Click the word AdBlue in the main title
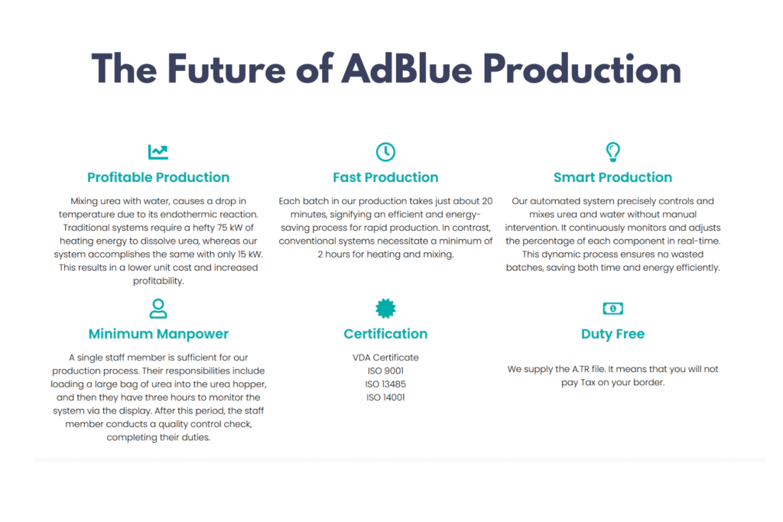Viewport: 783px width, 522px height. (407, 69)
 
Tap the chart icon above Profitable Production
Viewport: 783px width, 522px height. (158, 152)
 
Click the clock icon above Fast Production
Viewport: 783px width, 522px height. (385, 152)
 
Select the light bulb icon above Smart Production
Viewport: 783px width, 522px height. (612, 152)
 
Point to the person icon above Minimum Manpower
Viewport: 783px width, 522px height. (158, 309)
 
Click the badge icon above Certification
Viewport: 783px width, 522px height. (385, 309)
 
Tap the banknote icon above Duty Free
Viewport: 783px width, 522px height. (612, 309)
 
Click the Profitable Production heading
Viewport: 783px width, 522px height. (158, 177)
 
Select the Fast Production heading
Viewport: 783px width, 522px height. (385, 177)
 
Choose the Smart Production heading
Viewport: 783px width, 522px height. (612, 177)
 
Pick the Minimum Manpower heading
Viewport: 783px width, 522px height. (158, 334)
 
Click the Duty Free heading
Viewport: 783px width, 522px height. (612, 334)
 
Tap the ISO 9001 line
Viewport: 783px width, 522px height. (385, 371)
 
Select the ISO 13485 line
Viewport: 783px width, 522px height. (385, 384)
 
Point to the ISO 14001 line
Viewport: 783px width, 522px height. (385, 397)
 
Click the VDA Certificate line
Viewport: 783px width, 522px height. (385, 358)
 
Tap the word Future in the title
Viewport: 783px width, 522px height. (226, 69)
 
